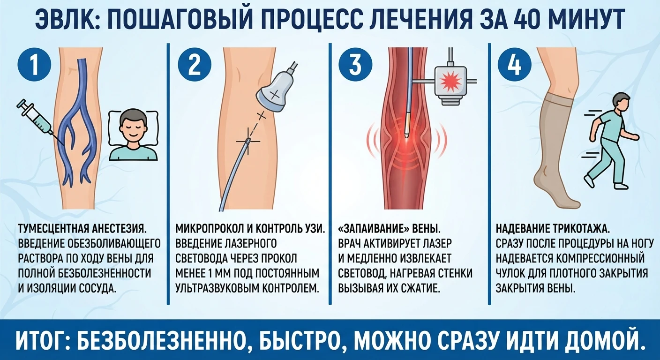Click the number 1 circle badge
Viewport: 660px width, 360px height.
(x=35, y=65)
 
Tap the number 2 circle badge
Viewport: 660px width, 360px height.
(x=195, y=65)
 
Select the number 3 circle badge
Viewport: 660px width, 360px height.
(x=355, y=65)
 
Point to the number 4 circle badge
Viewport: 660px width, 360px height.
(x=515, y=65)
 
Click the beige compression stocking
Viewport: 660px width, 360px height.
(x=554, y=153)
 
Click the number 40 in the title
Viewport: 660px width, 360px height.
(x=539, y=19)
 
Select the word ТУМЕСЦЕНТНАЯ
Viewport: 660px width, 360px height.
(x=53, y=229)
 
